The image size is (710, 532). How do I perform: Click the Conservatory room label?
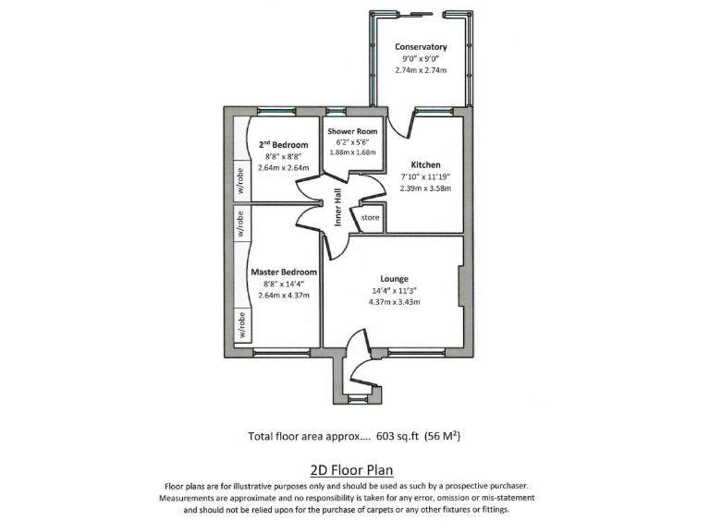pyautogui.click(x=421, y=47)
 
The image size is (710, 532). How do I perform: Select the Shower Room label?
pyautogui.click(x=352, y=132)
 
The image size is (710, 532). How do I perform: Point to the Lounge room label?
pyautogui.click(x=395, y=278)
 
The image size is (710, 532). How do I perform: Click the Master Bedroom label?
pyautogui.click(x=284, y=272)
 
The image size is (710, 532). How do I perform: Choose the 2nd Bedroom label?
pyautogui.click(x=283, y=144)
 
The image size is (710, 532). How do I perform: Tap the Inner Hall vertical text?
pyautogui.click(x=339, y=208)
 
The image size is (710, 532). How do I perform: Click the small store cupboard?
pyautogui.click(x=371, y=218)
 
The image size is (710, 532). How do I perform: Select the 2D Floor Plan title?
pyautogui.click(x=355, y=469)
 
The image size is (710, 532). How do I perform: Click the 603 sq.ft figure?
pyautogui.click(x=397, y=437)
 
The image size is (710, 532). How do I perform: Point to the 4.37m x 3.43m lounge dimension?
pyautogui.click(x=395, y=302)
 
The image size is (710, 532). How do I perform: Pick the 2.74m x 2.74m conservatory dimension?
pyautogui.click(x=421, y=70)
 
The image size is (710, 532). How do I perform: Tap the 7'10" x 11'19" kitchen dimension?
pyautogui.click(x=425, y=176)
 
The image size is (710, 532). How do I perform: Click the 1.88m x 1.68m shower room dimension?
pyautogui.click(x=352, y=152)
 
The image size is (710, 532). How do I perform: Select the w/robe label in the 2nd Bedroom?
pyautogui.click(x=239, y=181)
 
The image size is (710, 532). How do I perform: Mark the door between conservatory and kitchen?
pyautogui.click(x=398, y=125)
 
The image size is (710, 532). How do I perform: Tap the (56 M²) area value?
pyautogui.click(x=443, y=437)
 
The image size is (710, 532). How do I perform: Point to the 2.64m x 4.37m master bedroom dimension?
pyautogui.click(x=284, y=296)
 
